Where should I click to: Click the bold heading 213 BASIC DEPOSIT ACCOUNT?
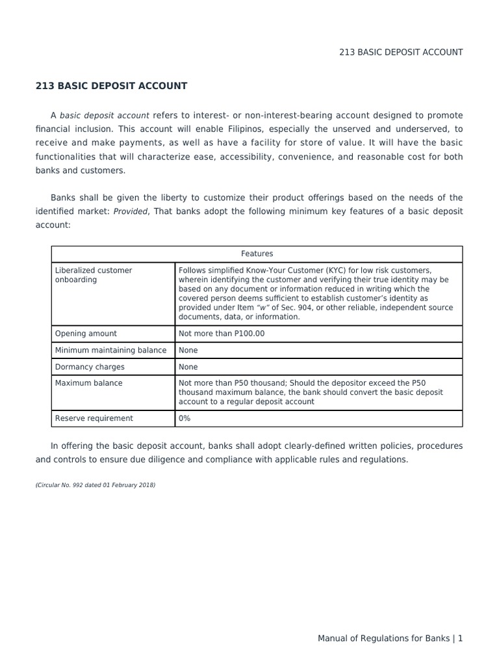pyautogui.click(x=111, y=86)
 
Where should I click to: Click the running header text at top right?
pyautogui.click(x=401, y=52)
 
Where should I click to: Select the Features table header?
pyautogui.click(x=257, y=254)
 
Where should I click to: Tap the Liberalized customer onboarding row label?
pyautogui.click(x=94, y=275)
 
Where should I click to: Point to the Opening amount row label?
pyautogui.click(x=86, y=334)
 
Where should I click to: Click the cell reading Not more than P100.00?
pyautogui.click(x=222, y=334)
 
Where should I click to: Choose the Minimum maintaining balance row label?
pyautogui.click(x=110, y=350)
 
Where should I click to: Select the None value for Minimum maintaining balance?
pyautogui.click(x=188, y=350)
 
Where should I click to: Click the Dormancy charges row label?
pyautogui.click(x=90, y=367)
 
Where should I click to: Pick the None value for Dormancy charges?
pyautogui.click(x=188, y=367)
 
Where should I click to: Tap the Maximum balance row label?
pyautogui.click(x=88, y=383)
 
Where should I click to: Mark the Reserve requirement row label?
pyautogui.click(x=94, y=418)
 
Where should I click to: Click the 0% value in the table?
pyautogui.click(x=185, y=418)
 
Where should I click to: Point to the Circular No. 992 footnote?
pyautogui.click(x=96, y=485)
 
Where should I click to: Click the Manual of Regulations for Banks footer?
pyautogui.click(x=383, y=639)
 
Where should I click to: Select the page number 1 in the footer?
pyautogui.click(x=460, y=639)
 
